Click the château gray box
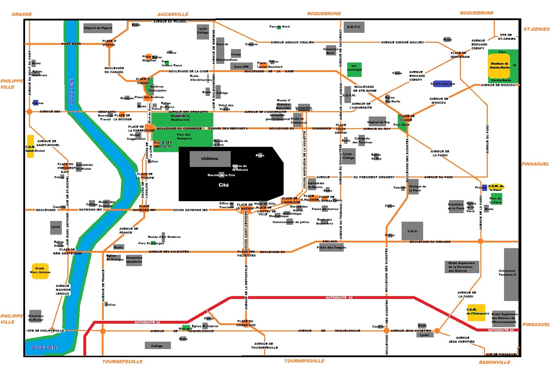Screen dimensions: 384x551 pos(210,159)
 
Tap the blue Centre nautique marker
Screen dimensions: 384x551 pos(443,84)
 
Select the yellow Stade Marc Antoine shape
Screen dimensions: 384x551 pos(40,271)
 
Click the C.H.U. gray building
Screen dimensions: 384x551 pos(412,231)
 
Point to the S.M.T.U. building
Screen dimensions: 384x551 pos(354,27)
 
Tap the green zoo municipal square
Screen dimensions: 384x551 pos(354,70)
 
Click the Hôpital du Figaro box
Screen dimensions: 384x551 pos(98,28)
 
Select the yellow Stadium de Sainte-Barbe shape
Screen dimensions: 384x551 pos(499,66)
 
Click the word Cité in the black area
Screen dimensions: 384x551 pos(224,185)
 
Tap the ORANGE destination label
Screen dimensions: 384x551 pos(22,14)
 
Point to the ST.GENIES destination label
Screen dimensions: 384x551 pos(536,29)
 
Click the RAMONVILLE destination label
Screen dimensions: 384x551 pos(494,362)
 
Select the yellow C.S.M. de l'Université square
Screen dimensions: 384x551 pos(476,312)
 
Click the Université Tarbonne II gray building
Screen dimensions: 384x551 pos(511,274)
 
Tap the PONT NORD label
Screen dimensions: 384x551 pos(71,44)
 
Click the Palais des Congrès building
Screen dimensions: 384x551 pos(331,247)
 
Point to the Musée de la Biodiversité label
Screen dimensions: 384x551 pos(180,118)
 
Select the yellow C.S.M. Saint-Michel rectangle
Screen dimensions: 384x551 pos(31,146)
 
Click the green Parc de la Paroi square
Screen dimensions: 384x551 pos(496,199)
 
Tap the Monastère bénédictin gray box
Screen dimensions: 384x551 pos(134,260)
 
